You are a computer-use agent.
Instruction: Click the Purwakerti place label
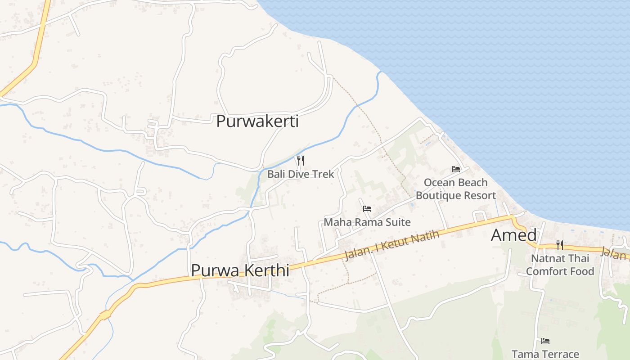tap(257, 121)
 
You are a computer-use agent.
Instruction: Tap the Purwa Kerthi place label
tap(240, 270)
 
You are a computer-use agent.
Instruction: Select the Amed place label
tap(513, 235)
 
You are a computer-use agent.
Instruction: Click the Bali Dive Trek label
tap(301, 174)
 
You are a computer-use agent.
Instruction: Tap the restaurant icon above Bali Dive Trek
tap(300, 160)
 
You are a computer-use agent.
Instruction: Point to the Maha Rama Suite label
tap(367, 222)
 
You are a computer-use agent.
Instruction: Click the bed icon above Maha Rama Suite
tap(367, 209)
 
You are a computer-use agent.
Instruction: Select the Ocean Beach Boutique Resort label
tap(456, 189)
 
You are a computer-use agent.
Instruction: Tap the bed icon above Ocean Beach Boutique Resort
tap(456, 169)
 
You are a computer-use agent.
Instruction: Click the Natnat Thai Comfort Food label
tap(560, 265)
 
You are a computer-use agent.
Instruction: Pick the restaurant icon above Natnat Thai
tap(560, 245)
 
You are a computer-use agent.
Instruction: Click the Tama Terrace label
tap(545, 354)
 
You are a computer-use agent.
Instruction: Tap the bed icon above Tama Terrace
tap(545, 341)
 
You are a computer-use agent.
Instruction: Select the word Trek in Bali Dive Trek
tap(324, 174)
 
